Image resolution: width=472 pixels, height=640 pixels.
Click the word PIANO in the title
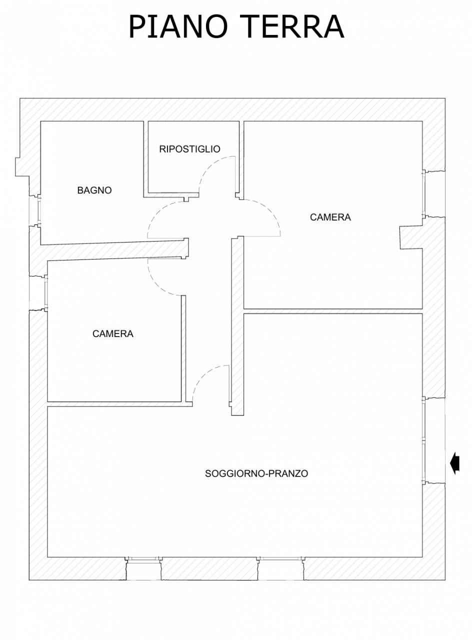pos(178,26)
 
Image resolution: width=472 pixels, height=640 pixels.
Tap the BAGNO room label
pos(94,190)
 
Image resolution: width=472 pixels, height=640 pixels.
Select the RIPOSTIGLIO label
pos(189,149)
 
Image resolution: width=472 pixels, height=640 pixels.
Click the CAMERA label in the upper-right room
pos(330,217)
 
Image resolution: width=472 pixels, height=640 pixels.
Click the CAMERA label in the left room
pos(113,333)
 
